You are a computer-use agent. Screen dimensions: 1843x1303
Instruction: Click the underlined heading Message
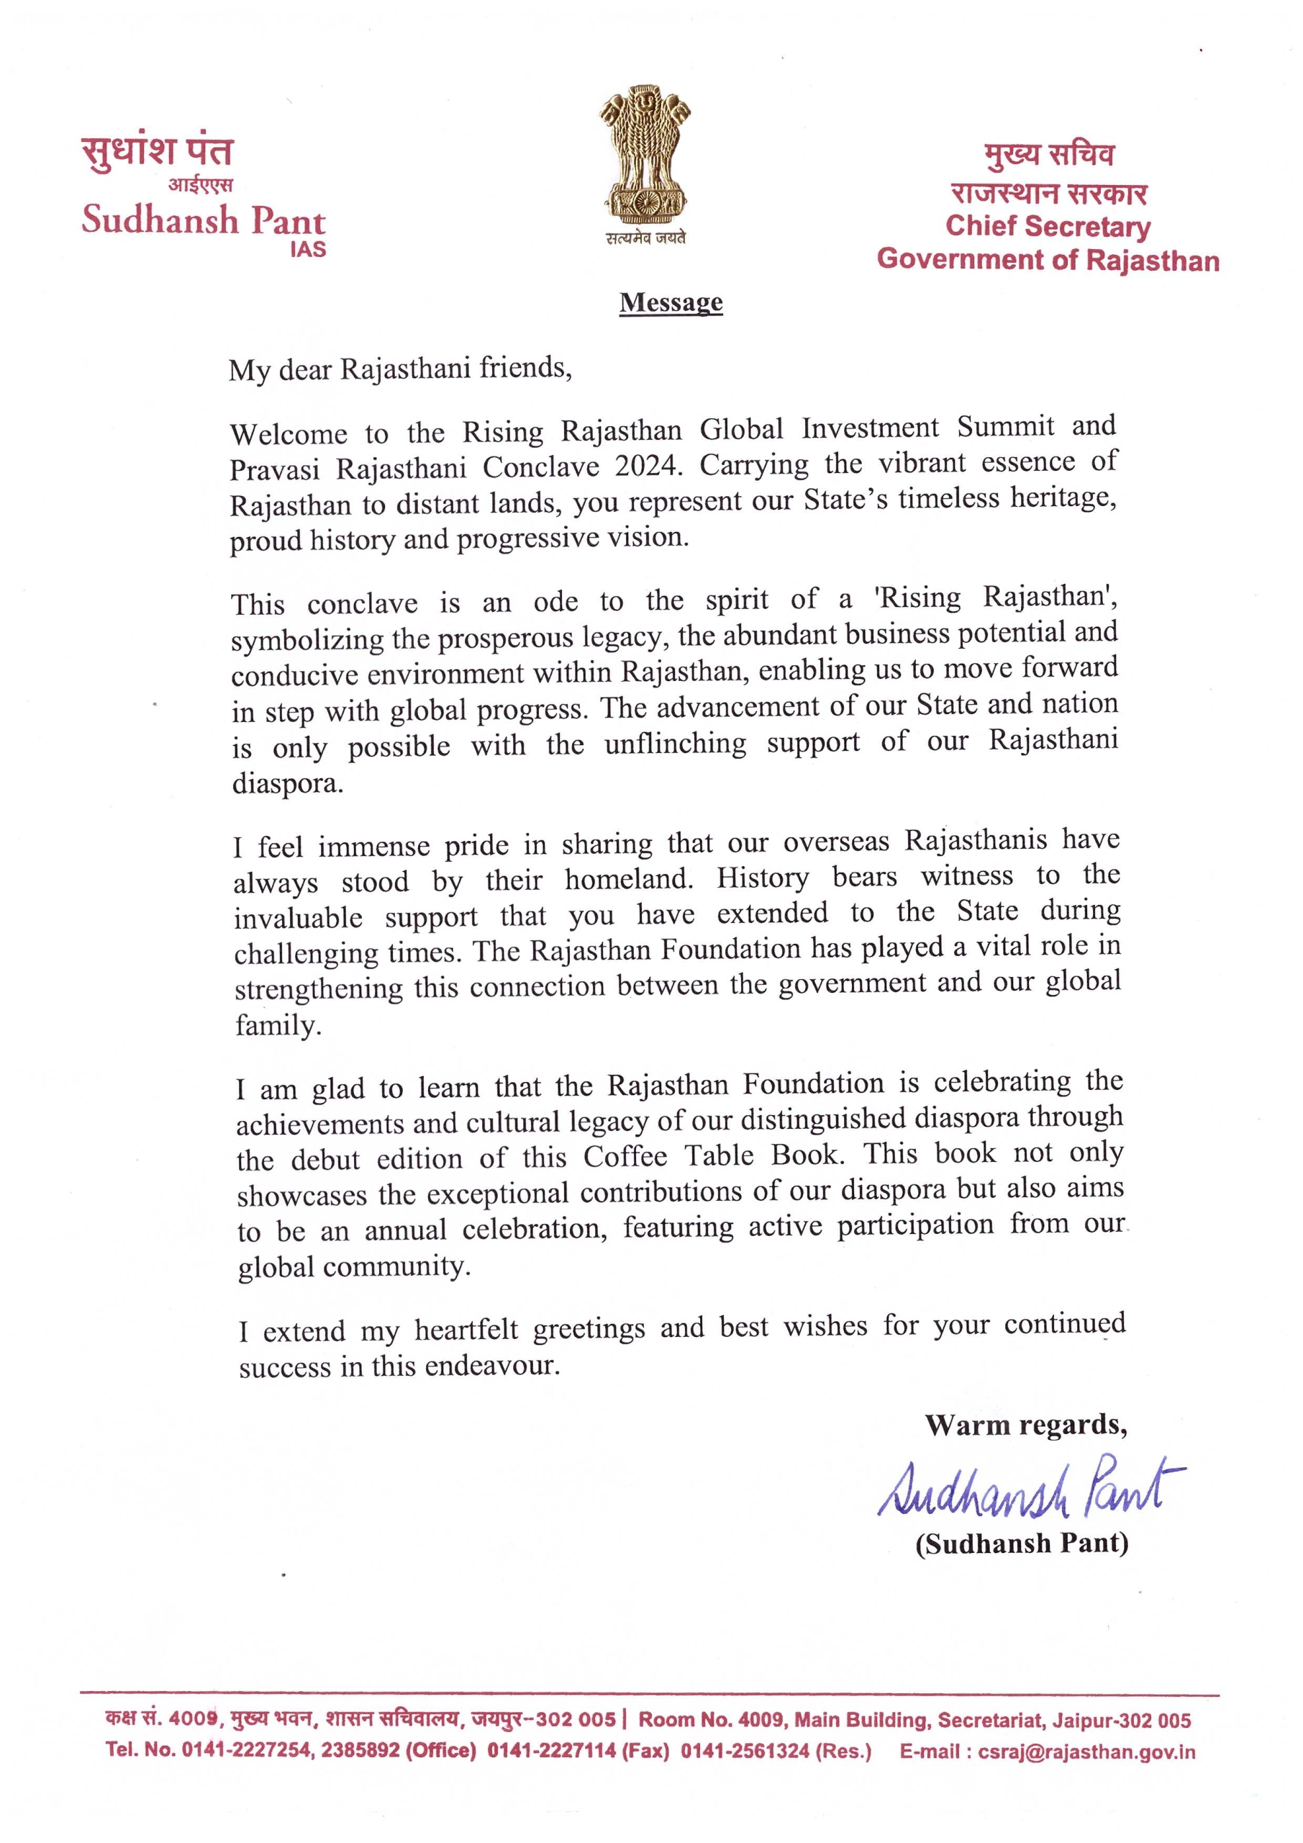(x=671, y=302)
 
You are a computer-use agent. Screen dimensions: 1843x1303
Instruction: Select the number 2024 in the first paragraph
(x=648, y=467)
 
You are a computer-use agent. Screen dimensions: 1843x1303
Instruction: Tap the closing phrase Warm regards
(x=1025, y=1425)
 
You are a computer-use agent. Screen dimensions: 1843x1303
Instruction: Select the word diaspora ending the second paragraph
(x=286, y=783)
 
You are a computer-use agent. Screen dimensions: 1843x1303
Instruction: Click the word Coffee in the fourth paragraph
(x=625, y=1157)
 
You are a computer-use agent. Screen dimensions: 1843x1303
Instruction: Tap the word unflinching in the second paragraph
(x=675, y=744)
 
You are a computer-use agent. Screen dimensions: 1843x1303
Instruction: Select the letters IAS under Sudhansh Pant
(x=308, y=250)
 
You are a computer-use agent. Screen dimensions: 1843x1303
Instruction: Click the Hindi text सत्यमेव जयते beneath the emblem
(x=646, y=238)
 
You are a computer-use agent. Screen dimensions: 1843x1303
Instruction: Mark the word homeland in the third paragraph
(x=628, y=879)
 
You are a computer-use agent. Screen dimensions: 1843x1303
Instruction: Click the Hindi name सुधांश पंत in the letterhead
(x=158, y=151)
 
